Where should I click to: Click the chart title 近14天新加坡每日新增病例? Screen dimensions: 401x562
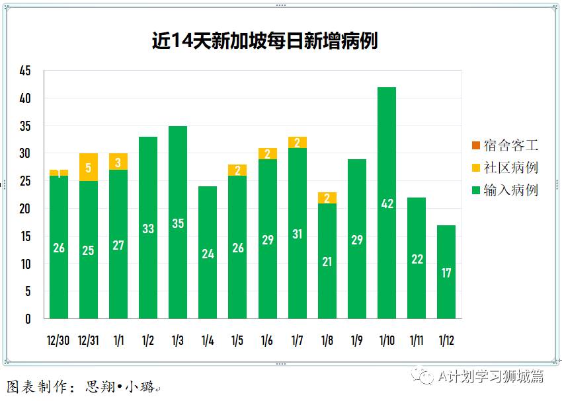click(x=264, y=41)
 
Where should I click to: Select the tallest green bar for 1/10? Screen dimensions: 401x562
click(x=387, y=165)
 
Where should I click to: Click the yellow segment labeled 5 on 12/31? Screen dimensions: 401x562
click(x=88, y=167)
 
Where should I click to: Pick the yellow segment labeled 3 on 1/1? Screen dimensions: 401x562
click(x=118, y=162)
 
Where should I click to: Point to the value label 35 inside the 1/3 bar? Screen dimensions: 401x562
click(x=178, y=223)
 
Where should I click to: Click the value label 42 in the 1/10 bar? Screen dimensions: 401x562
click(x=387, y=204)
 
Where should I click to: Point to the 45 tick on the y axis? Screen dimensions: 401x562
click(x=25, y=71)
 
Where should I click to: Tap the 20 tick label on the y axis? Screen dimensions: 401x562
click(x=25, y=209)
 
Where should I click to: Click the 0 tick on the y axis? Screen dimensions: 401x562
click(x=28, y=319)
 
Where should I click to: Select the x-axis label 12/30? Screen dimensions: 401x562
click(x=58, y=340)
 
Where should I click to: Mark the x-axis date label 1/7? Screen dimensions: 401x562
click(x=298, y=340)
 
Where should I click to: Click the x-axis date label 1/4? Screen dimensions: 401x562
click(x=208, y=340)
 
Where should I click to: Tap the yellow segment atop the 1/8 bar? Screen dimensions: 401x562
click(x=327, y=198)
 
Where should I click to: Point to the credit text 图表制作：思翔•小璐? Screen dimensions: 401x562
click(x=83, y=387)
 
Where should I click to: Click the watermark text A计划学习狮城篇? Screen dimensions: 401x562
click(x=490, y=376)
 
